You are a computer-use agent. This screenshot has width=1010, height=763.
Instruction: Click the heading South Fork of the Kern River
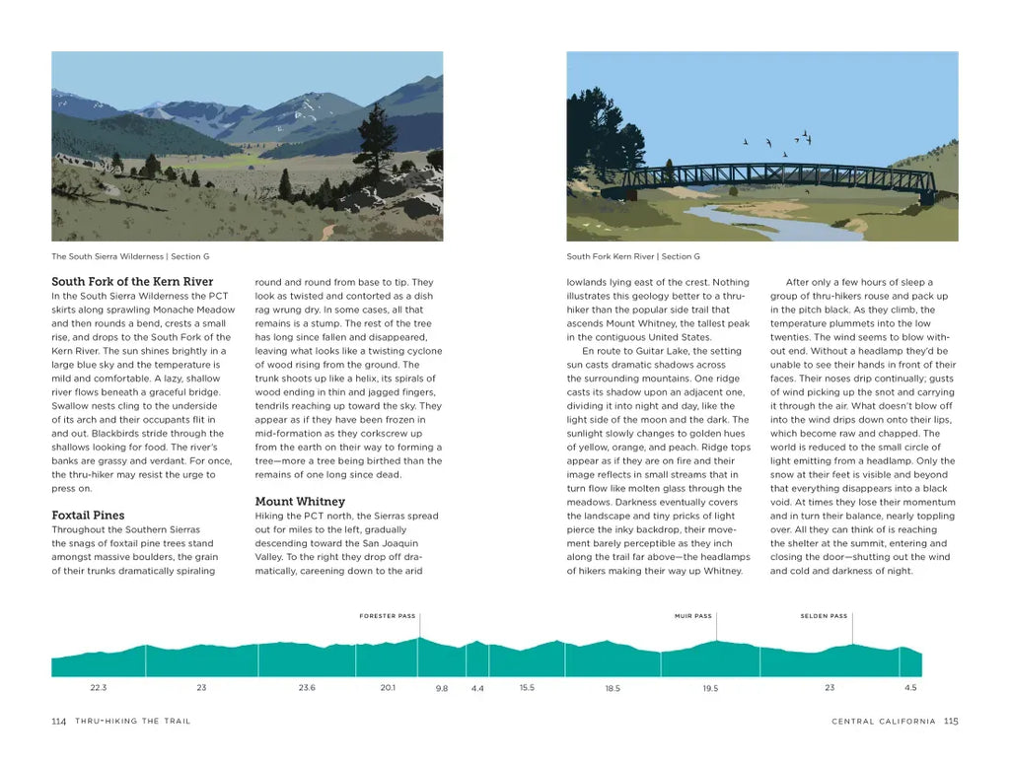pos(132,282)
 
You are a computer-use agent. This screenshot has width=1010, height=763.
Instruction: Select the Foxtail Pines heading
pos(88,516)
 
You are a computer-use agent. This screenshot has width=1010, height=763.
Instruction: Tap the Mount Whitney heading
pos(300,502)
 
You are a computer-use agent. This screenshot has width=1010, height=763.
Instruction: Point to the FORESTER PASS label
pos(388,616)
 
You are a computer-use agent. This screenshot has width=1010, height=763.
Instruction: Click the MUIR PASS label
pos(692,616)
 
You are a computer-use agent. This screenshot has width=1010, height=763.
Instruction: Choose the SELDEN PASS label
pos(824,616)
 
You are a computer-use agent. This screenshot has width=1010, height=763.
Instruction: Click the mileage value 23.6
pos(307,687)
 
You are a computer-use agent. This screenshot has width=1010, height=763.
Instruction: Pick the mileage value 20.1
pos(388,687)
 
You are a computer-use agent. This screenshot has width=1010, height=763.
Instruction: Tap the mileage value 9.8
pos(441,688)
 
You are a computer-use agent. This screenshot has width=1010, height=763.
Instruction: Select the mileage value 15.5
pos(527,687)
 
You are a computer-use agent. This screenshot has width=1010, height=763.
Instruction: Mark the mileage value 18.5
pos(613,688)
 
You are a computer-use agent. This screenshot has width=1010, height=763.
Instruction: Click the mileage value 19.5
pos(710,688)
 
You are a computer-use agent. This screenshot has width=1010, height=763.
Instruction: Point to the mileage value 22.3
pos(98,687)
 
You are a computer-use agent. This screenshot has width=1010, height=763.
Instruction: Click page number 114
pos(58,722)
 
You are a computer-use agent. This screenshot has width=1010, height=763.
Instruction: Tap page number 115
pos(951,721)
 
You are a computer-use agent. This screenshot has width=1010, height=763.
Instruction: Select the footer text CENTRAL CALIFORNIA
pos(884,722)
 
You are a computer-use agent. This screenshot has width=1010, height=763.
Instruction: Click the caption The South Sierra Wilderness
pos(108,256)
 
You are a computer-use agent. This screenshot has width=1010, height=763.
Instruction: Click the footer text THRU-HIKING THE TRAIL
pos(133,722)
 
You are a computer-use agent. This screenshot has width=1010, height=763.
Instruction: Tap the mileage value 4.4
pos(477,688)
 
